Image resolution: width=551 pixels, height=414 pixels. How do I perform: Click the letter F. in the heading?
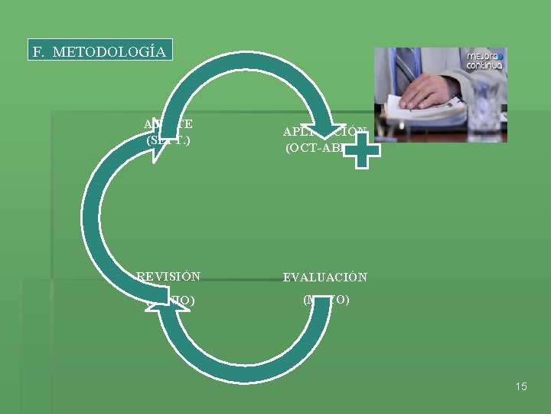pos(39,52)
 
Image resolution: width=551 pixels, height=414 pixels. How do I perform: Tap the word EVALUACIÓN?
pos(325,277)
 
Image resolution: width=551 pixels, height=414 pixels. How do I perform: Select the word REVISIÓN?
pos(168,277)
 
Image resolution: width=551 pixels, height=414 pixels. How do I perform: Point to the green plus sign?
pos(360,149)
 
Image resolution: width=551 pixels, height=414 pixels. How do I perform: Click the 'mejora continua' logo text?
pos(484,61)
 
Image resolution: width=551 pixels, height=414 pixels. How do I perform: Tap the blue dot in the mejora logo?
pos(501,55)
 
